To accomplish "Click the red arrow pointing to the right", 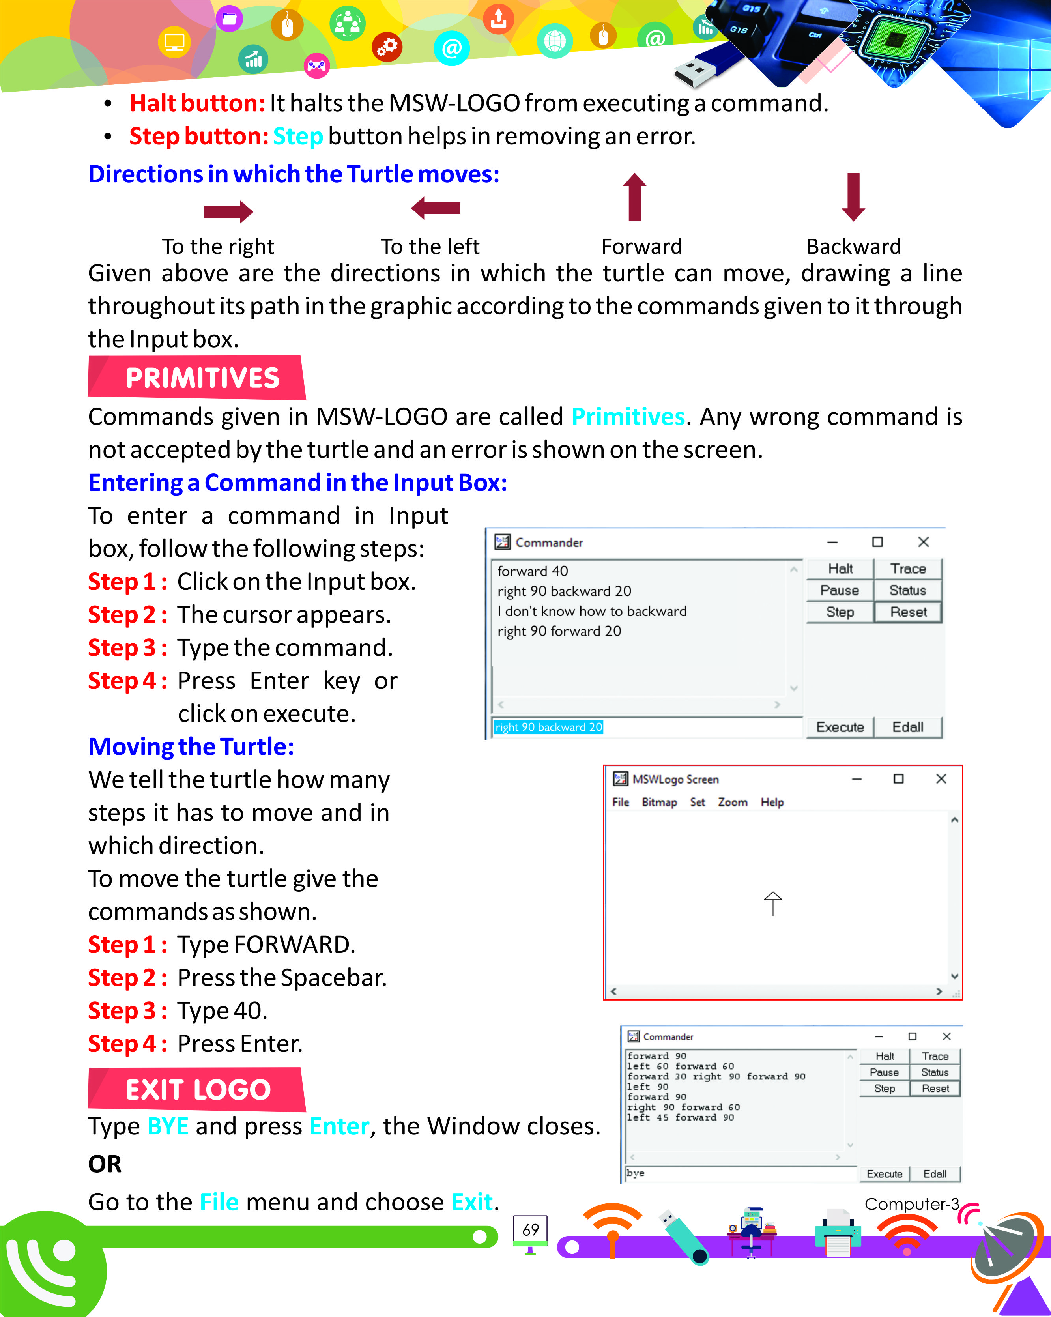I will click(228, 211).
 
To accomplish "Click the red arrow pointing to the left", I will click(436, 208).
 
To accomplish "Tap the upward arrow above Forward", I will click(634, 197).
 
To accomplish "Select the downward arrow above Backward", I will click(853, 197).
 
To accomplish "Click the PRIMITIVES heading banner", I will click(196, 378).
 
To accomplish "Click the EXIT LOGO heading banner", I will click(196, 1089).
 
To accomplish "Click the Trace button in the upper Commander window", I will click(907, 569).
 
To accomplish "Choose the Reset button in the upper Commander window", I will click(907, 612).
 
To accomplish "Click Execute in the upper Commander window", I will click(840, 727).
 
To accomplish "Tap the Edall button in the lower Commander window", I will click(934, 1173).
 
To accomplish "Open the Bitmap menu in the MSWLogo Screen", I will click(659, 802).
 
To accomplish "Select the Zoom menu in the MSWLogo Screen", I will click(732, 802).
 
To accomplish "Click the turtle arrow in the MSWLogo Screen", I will click(772, 903).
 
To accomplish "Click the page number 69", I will click(531, 1230).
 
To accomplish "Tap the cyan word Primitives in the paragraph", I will click(628, 417).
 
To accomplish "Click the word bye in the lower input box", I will click(635, 1173).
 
